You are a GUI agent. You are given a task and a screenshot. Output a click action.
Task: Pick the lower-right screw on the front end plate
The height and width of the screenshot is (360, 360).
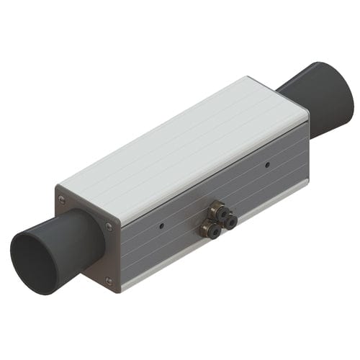(108, 281)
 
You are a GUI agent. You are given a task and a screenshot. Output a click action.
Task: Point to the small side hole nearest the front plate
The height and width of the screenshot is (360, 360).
(161, 225)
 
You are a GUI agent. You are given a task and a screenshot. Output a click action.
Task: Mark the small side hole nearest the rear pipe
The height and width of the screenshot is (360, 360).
(267, 164)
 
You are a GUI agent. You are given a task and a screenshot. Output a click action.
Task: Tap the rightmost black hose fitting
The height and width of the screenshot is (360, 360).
(230, 222)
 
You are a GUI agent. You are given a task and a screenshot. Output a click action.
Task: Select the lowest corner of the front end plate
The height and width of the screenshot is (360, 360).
(115, 291)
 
